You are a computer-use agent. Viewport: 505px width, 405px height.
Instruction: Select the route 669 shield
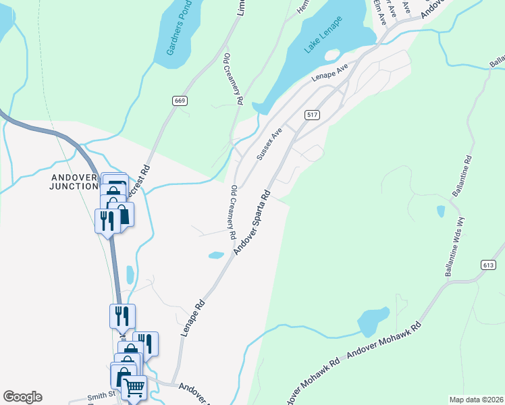click(179, 101)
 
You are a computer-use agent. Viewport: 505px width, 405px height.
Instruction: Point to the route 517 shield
click(311, 115)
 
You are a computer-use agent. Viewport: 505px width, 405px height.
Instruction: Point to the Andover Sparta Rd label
click(252, 222)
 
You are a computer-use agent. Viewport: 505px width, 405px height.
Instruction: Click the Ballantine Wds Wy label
click(454, 247)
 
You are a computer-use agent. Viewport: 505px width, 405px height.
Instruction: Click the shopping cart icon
click(134, 388)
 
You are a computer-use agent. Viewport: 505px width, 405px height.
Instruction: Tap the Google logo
click(22, 397)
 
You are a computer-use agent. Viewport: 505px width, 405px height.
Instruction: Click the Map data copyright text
click(475, 400)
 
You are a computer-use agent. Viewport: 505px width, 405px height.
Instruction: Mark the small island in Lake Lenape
click(331, 55)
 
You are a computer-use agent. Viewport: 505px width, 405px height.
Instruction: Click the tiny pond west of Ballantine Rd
click(440, 211)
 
